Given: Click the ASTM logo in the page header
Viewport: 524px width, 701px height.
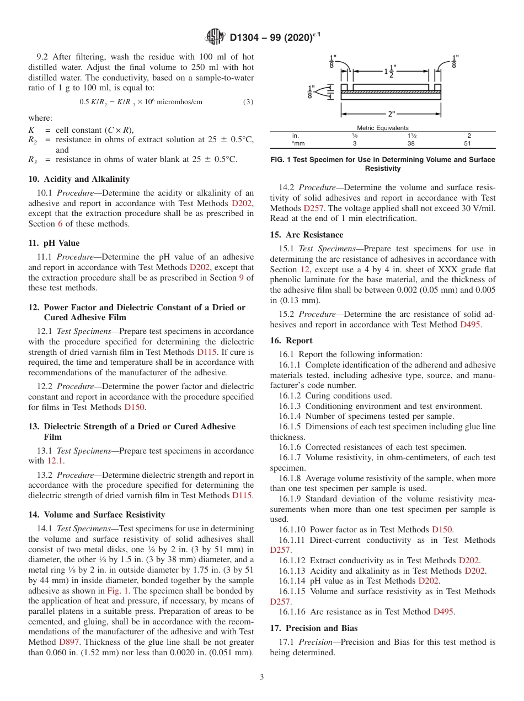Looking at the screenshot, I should point(215,37).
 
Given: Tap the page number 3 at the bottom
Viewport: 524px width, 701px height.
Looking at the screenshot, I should point(261,677).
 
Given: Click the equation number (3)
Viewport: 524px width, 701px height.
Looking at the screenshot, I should point(248,102).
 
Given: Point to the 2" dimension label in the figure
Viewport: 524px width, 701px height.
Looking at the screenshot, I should point(391,115).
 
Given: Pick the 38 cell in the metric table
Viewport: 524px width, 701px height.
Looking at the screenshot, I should point(411,143).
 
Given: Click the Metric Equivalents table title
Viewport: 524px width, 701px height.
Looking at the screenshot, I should point(383,128).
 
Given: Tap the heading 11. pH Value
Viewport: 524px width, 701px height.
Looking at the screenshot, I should point(54,243).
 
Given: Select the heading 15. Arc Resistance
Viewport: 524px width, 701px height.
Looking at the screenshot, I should point(307,235).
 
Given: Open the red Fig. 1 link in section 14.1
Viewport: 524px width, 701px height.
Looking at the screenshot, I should point(117,590).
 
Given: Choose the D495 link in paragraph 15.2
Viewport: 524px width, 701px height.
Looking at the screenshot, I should point(470,325).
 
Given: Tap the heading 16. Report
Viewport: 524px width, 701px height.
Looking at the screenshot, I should point(291,341).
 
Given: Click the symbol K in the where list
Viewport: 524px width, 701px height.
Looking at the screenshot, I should point(31,131).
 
